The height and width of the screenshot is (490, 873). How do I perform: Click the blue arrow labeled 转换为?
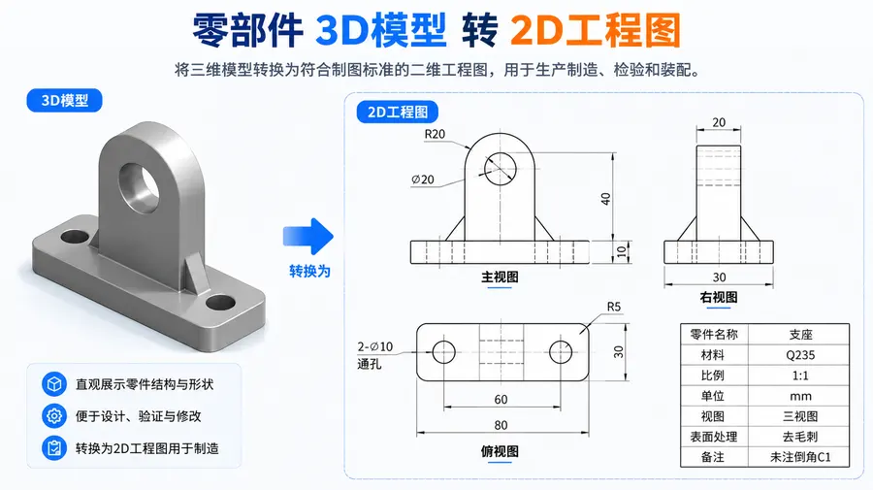click(x=307, y=237)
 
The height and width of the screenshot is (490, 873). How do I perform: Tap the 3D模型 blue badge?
click(x=65, y=101)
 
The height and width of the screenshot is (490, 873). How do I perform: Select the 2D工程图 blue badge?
click(x=398, y=112)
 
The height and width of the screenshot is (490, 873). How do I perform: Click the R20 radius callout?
click(x=435, y=134)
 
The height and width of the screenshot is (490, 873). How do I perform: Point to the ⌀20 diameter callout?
click(x=423, y=180)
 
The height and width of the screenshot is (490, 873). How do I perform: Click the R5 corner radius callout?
click(x=614, y=307)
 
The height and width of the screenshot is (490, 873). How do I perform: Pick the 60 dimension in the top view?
click(x=501, y=399)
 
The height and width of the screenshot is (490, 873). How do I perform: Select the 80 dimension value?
click(x=501, y=425)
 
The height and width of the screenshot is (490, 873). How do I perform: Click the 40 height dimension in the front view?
click(x=605, y=198)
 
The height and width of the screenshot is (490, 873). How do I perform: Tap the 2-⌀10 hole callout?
click(x=374, y=347)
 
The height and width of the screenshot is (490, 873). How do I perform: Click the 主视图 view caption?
click(x=500, y=277)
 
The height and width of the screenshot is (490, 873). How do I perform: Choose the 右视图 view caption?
click(x=719, y=297)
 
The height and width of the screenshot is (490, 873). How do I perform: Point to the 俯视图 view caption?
click(x=500, y=451)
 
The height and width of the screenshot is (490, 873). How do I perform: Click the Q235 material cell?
click(x=800, y=355)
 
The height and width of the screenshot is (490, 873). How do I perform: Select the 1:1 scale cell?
click(x=800, y=376)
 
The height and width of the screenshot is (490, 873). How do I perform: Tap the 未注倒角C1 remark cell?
click(x=800, y=457)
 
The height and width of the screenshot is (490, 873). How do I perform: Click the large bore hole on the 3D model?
click(x=139, y=187)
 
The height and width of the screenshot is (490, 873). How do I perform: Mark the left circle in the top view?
click(x=443, y=352)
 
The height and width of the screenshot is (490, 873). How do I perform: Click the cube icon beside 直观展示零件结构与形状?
click(x=54, y=384)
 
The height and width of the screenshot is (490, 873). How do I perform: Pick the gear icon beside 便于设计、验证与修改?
click(x=54, y=416)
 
